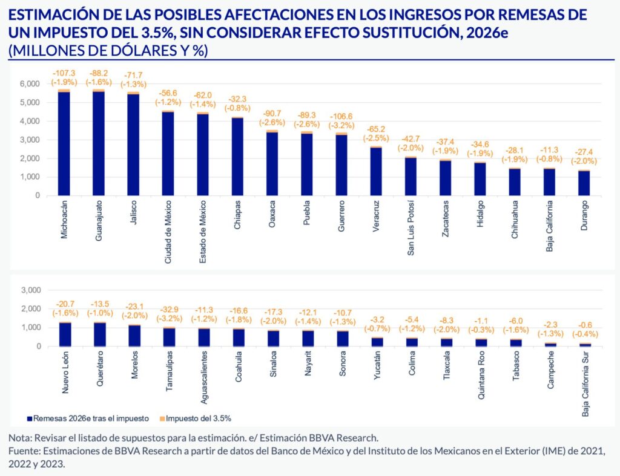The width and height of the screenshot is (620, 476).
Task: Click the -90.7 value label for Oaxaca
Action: coord(272,113)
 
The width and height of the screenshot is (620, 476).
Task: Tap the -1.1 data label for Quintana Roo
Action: coord(480,304)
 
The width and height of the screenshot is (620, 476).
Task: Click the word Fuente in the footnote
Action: coord(22,451)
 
